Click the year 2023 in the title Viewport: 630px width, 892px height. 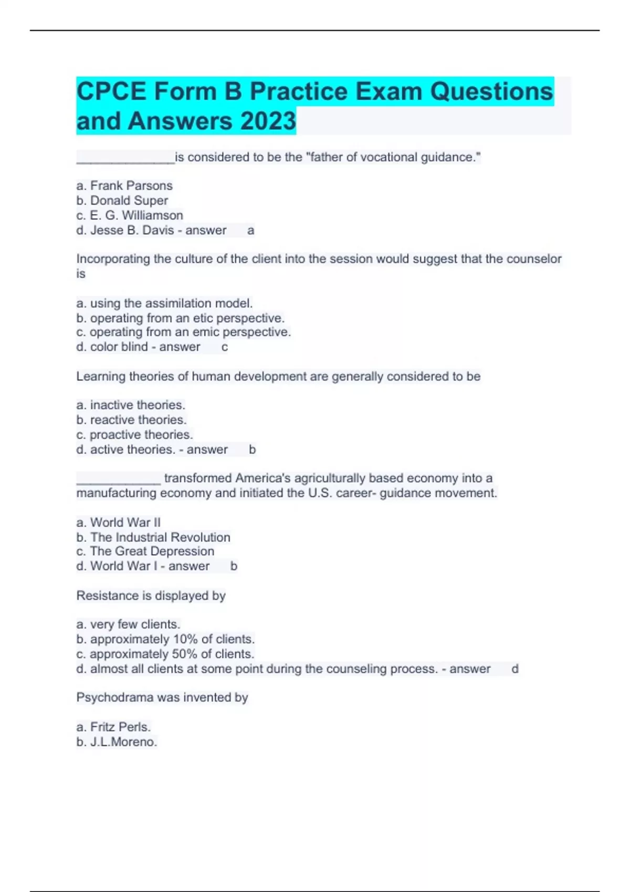pyautogui.click(x=268, y=121)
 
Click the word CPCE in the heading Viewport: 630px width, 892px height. pyautogui.click(x=111, y=92)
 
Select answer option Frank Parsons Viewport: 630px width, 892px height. pyautogui.click(x=131, y=186)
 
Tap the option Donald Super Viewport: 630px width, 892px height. pyautogui.click(x=129, y=200)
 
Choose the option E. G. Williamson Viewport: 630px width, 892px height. pyautogui.click(x=136, y=215)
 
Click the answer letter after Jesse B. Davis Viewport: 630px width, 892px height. pyautogui.click(x=251, y=230)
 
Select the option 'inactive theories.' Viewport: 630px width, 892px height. pyautogui.click(x=137, y=405)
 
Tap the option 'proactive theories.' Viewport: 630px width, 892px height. pyautogui.click(x=141, y=434)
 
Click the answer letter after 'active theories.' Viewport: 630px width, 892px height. pyautogui.click(x=252, y=450)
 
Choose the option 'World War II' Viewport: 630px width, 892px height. pyautogui.click(x=125, y=523)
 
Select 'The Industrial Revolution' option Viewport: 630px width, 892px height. pyautogui.click(x=160, y=537)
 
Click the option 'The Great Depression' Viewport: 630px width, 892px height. pyautogui.click(x=152, y=551)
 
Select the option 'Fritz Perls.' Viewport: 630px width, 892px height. pyautogui.click(x=120, y=727)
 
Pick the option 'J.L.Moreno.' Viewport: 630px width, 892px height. pyautogui.click(x=123, y=742)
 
